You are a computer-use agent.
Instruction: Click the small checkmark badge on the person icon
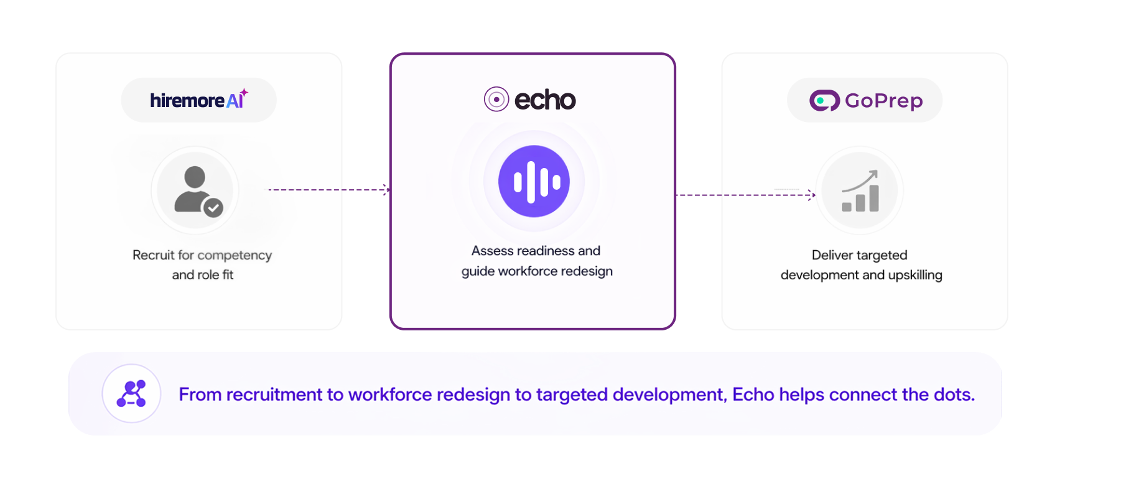coord(213,208)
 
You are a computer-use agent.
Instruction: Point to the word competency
coord(235,255)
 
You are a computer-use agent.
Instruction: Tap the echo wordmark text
coord(545,100)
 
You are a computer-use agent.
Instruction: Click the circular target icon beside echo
coord(496,99)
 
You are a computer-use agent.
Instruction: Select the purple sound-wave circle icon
coord(534,181)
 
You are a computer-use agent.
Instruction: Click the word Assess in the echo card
coord(492,251)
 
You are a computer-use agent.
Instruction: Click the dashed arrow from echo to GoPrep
coord(745,195)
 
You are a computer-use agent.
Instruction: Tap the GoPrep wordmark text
coord(883,101)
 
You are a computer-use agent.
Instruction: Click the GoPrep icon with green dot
coord(825,100)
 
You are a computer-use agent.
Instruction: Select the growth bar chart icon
coord(860,191)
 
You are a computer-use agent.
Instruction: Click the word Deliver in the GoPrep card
coord(830,255)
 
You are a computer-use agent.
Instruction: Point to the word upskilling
coord(915,275)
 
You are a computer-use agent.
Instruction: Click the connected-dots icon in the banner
coord(131,394)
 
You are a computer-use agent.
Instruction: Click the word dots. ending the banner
coord(954,394)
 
